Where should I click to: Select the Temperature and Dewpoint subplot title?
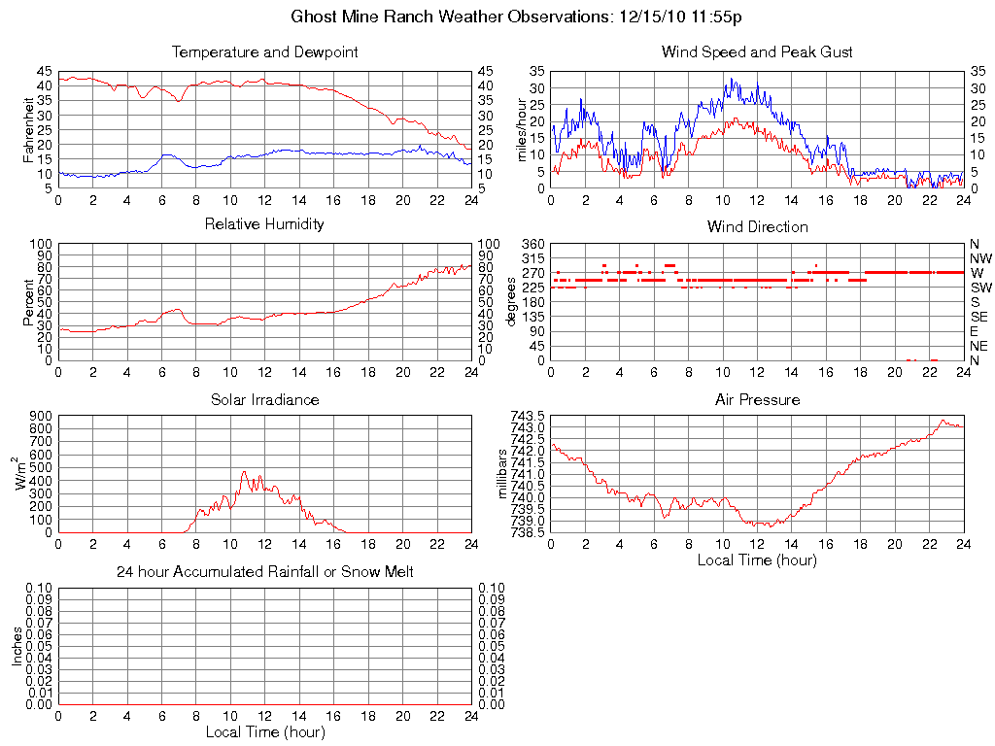pyautogui.click(x=264, y=52)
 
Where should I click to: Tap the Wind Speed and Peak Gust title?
pyautogui.click(x=757, y=52)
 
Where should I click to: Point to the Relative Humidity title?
pyautogui.click(x=264, y=224)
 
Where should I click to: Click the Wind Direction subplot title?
pyautogui.click(x=757, y=227)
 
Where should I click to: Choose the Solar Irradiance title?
pyautogui.click(x=264, y=400)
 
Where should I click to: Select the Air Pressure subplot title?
pyautogui.click(x=757, y=400)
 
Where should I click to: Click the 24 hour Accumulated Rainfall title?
pyautogui.click(x=264, y=572)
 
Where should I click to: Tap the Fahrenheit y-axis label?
pyautogui.click(x=28, y=129)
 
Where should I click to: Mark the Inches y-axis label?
pyautogui.click(x=17, y=646)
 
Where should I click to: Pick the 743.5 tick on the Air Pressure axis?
pyautogui.click(x=529, y=416)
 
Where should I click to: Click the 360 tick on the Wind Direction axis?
pyautogui.click(x=532, y=243)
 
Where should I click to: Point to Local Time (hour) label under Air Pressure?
pyautogui.click(x=757, y=560)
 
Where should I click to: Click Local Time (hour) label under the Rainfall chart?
pyautogui.click(x=264, y=731)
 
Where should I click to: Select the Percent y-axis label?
pyautogui.click(x=28, y=301)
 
